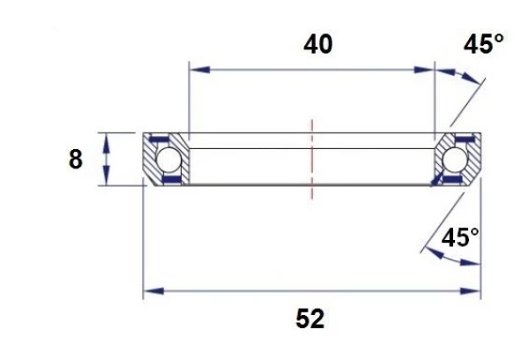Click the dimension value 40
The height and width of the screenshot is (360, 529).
point(318,44)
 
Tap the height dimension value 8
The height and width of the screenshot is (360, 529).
point(76,160)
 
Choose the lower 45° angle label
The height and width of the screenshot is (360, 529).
point(460,237)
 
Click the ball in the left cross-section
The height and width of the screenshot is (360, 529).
point(168,160)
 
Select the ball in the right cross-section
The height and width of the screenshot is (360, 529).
point(455,160)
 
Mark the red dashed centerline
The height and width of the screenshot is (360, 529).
point(310,160)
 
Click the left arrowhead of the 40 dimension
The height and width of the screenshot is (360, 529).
point(196,69)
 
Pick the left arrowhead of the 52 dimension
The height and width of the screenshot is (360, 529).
point(151,290)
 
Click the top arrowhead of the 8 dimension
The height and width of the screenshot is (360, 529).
point(107,139)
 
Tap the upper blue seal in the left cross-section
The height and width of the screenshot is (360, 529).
point(160,140)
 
